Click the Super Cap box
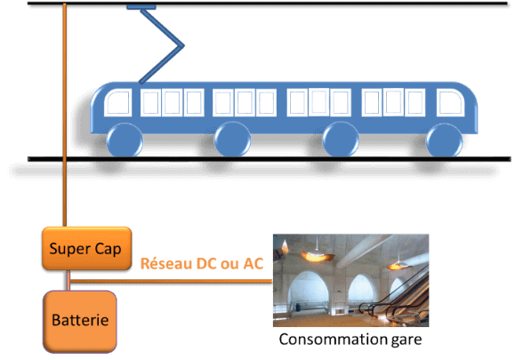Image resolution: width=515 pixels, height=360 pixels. coord(87,248)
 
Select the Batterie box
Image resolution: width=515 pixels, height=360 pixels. coord(80,321)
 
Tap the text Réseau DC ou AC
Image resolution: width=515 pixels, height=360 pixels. coord(202,263)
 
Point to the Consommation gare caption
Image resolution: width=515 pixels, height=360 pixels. coord(350,340)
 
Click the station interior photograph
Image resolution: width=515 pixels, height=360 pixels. coord(350,280)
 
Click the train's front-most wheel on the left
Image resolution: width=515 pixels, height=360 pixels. coord(125,140)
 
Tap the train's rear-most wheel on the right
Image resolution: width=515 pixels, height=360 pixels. coord(445,140)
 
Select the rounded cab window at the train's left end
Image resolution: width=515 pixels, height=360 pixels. coord(118,102)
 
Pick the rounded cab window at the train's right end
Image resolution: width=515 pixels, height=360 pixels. coord(451,102)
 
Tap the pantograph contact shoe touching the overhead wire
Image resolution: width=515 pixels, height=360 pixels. coord(141,7)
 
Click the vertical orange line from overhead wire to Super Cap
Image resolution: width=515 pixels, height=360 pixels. coord(64,115)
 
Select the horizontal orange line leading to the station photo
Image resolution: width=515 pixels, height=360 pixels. coord(172,281)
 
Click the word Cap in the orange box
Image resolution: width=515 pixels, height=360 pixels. coord(108,250)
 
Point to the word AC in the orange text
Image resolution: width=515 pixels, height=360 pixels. coord(253,263)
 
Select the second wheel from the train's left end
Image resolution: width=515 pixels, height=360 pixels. coord(232,140)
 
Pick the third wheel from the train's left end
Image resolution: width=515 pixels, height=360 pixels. coord(341,140)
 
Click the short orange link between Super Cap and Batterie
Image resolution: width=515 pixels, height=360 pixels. coord(68,280)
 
